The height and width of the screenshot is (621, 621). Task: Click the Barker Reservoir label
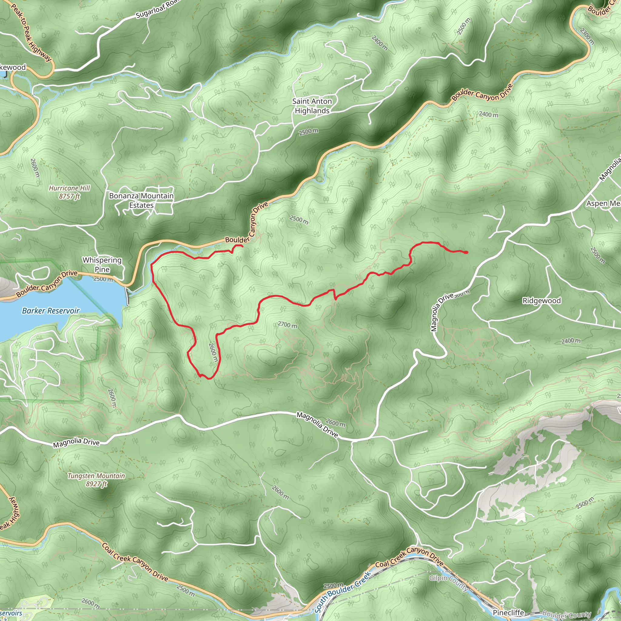(x=50, y=311)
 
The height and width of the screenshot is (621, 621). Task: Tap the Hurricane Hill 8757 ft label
(x=69, y=192)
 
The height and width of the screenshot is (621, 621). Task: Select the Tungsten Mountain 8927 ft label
(x=96, y=480)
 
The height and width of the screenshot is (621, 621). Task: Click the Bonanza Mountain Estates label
(x=141, y=200)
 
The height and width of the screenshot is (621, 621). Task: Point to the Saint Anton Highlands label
(x=312, y=106)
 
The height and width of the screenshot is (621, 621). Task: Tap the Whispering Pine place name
(x=102, y=264)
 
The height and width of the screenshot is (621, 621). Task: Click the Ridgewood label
(x=541, y=300)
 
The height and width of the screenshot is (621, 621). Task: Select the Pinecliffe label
(x=508, y=613)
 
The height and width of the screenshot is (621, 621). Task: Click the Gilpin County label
(x=449, y=583)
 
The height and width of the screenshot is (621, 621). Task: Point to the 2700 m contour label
(x=287, y=325)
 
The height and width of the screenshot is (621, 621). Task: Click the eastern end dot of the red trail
(x=466, y=253)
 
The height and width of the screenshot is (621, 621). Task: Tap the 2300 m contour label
(x=587, y=36)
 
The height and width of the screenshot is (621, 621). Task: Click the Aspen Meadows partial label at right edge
(x=603, y=203)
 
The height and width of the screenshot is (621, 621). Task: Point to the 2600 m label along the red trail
(x=213, y=352)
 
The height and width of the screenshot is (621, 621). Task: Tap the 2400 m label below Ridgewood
(x=571, y=341)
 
